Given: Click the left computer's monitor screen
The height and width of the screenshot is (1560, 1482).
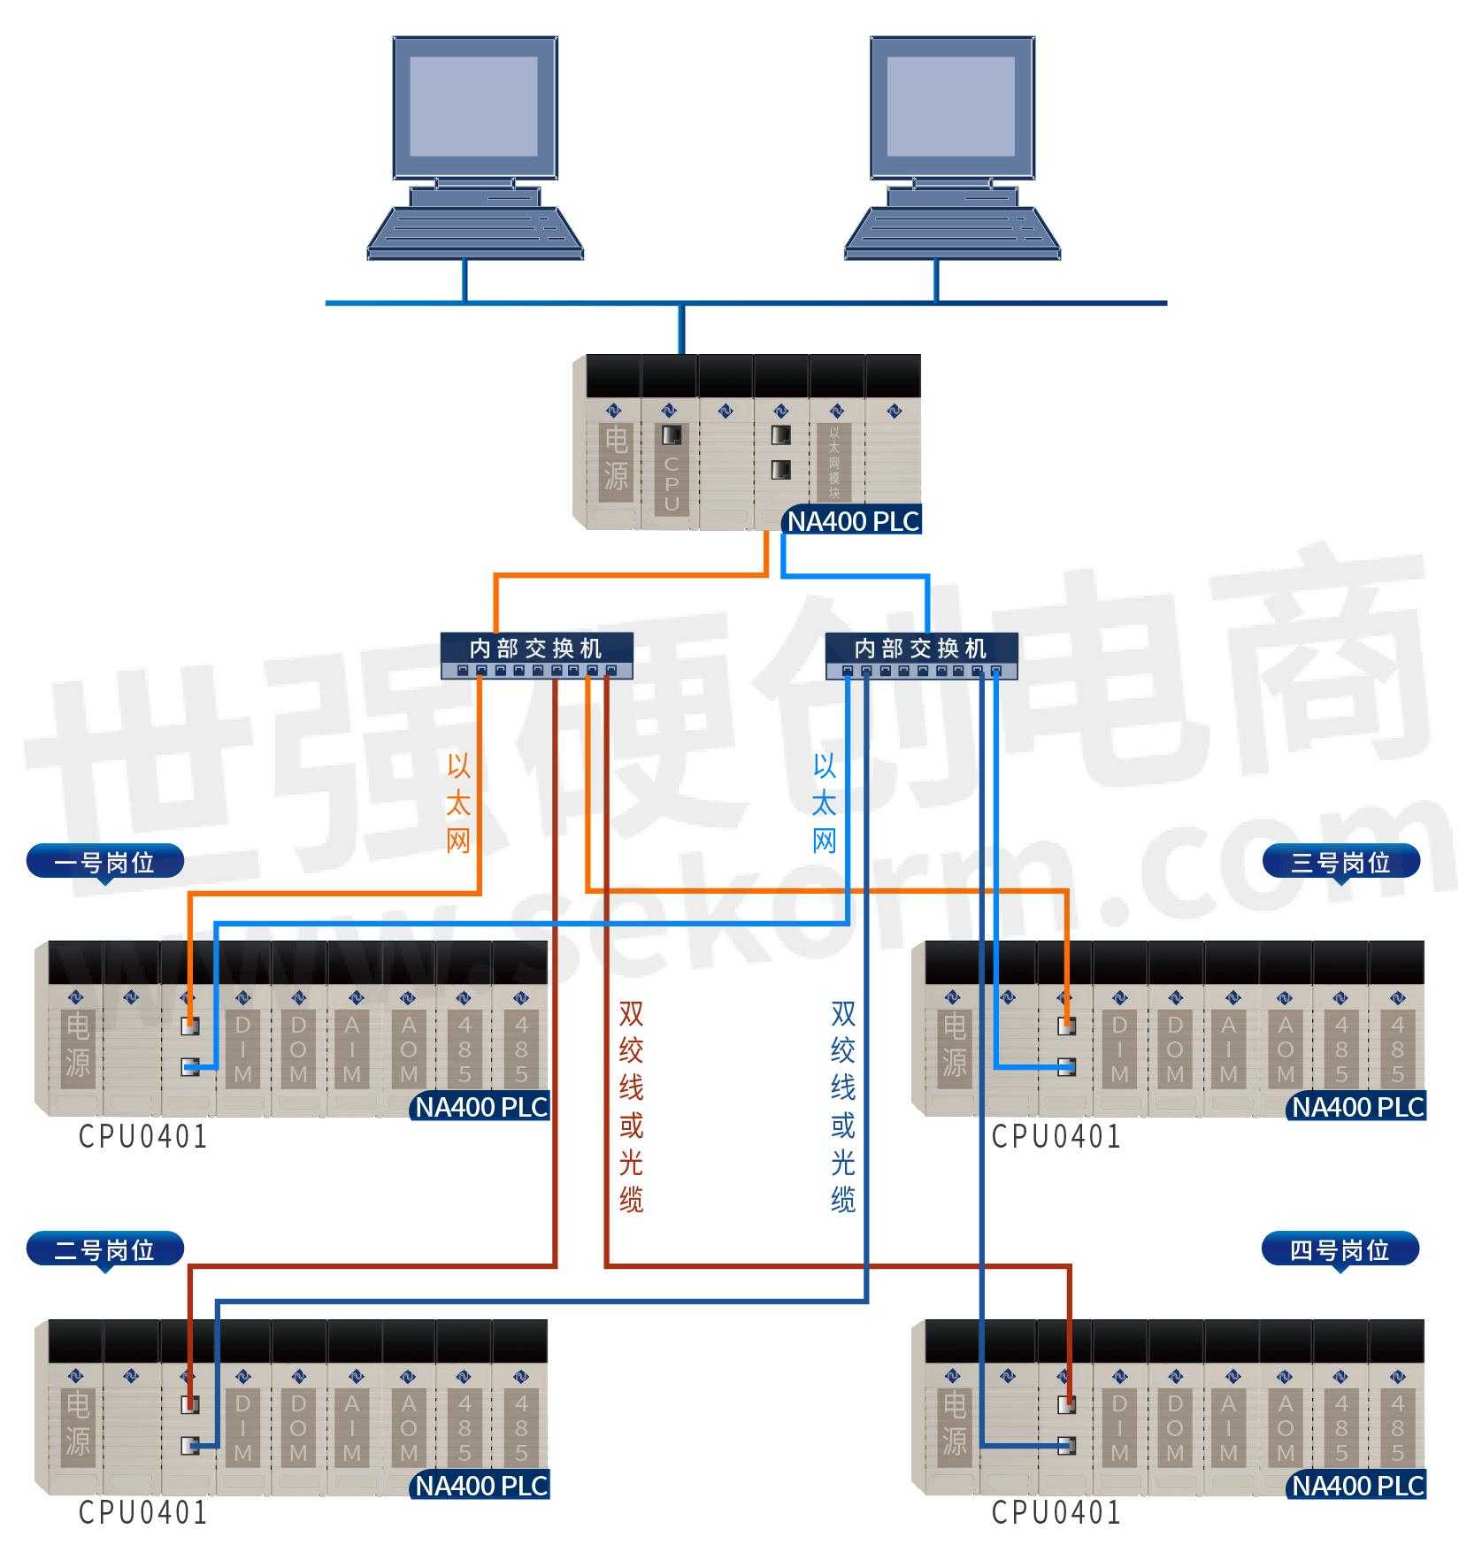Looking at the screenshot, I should click(x=473, y=106).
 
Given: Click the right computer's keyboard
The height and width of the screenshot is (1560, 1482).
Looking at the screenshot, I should click(x=951, y=233).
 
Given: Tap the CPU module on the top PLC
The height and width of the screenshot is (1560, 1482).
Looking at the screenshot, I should click(x=671, y=469).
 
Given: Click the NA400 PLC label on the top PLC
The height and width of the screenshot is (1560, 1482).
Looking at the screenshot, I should click(x=853, y=521).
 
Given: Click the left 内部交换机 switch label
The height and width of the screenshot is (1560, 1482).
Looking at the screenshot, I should click(x=536, y=648).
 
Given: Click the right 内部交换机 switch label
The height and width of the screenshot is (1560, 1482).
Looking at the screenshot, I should click(x=920, y=648).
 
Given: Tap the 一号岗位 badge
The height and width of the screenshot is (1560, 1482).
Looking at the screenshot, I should click(x=105, y=862).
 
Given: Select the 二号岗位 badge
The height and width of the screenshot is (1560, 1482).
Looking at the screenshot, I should click(x=105, y=1249).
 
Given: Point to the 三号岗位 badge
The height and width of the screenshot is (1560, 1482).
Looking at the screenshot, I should click(x=1340, y=862).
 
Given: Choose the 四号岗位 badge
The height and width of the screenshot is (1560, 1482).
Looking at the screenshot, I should click(x=1340, y=1249).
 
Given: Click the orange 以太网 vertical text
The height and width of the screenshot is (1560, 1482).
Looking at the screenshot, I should click(x=458, y=803).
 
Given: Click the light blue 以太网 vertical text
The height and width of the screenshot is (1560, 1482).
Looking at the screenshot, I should click(x=824, y=803).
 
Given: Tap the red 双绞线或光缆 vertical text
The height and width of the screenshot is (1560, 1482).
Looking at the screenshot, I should click(x=631, y=1106).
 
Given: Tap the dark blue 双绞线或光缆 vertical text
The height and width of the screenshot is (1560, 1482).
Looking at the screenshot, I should click(x=842, y=1106).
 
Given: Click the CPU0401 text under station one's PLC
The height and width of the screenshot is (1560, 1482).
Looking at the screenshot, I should click(x=142, y=1136).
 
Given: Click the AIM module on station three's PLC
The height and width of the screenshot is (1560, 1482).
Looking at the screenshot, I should click(x=1229, y=1049).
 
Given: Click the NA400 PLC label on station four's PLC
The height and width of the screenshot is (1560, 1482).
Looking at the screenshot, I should click(x=1356, y=1486).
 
